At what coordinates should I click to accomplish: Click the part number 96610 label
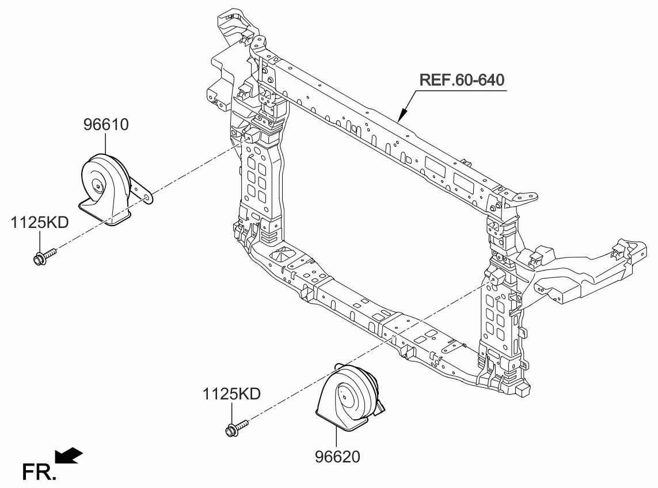(106, 125)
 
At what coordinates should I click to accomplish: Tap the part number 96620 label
(337, 456)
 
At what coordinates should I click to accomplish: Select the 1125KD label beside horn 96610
(40, 222)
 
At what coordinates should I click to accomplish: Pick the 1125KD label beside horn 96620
(231, 394)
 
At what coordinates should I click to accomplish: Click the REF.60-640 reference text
(462, 80)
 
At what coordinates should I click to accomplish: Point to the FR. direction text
(39, 472)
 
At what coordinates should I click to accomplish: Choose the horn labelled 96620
(349, 398)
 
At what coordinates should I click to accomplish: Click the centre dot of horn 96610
(98, 186)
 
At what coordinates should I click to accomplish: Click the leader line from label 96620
(336, 439)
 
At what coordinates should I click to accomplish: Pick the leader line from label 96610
(105, 143)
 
